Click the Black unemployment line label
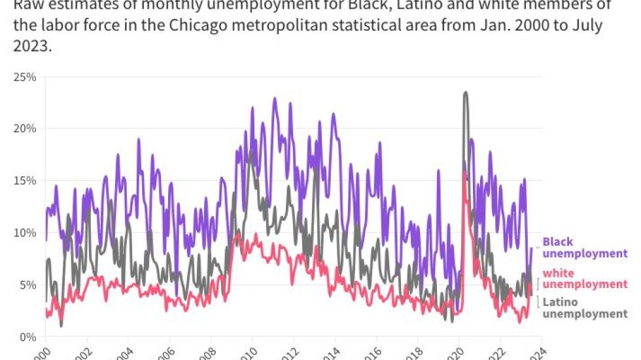[x=584, y=247]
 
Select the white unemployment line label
[x=584, y=278]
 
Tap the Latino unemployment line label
[x=584, y=308]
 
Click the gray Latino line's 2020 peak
[x=465, y=93]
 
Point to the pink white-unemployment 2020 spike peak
[x=464, y=173]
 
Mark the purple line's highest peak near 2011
[x=275, y=99]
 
